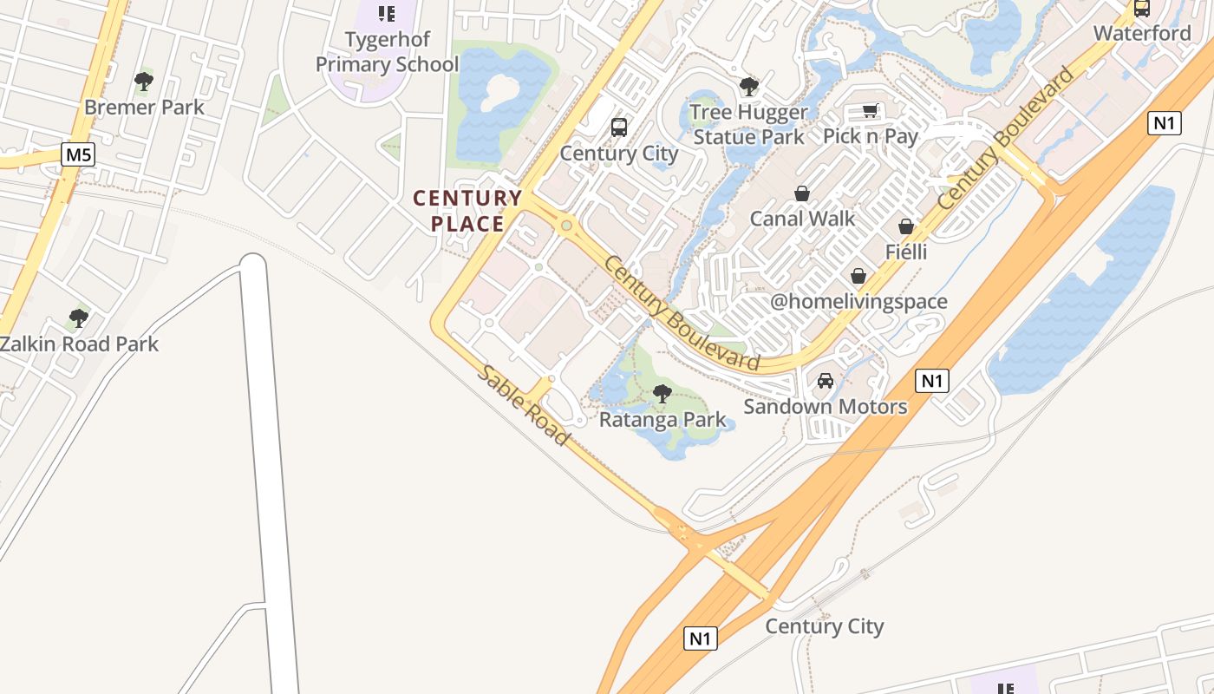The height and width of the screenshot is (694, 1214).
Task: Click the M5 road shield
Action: coord(78,155)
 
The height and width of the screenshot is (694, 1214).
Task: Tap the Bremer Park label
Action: coord(144,108)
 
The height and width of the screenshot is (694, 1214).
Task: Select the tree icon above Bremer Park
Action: coord(144,82)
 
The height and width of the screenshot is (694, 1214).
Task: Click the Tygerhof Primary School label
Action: coord(387,52)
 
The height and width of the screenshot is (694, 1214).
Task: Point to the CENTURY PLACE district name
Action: coord(467,211)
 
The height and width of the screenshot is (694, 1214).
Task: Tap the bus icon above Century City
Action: coord(619,128)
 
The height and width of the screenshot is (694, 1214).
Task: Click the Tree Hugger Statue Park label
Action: coord(749,124)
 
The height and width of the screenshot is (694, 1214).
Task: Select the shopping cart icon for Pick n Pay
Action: coord(871,111)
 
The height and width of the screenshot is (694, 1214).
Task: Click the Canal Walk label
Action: coord(802,219)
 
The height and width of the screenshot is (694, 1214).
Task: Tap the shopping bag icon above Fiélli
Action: coord(906,226)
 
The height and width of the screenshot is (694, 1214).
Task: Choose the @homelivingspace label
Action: coord(858,302)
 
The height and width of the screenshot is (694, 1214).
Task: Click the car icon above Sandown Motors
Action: coord(826,381)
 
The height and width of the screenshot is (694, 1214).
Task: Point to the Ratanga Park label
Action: coord(663,420)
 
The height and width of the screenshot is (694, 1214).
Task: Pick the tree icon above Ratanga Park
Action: coord(662,394)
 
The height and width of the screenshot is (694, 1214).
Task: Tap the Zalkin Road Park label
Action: coord(79,344)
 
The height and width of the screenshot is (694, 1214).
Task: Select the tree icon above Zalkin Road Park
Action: coord(79,318)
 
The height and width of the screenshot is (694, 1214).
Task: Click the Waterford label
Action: coord(1142,33)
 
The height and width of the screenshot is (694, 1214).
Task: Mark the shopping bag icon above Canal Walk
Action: coord(802,193)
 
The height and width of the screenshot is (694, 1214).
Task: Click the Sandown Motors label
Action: coord(826,406)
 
